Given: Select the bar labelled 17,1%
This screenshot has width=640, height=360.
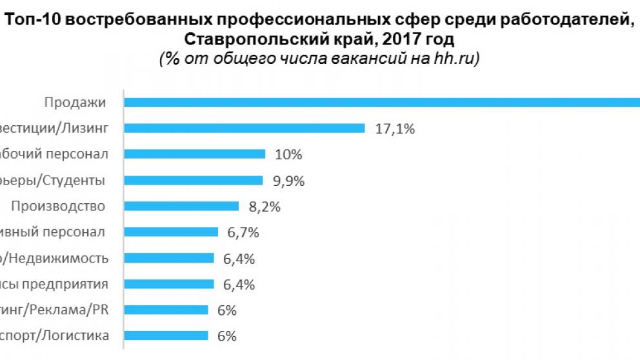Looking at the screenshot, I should pos(245,128).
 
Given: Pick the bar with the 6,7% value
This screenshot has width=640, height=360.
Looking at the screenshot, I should pos(171,232).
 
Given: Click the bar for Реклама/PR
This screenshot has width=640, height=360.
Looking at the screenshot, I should pos(166,310).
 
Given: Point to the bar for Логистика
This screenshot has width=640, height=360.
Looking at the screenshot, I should pos(166,335).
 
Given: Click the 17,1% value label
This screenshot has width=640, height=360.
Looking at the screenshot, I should pos(394,128).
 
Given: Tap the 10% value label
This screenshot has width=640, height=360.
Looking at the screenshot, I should pos(288,154).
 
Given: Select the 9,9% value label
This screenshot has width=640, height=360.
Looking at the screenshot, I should pos(288,181).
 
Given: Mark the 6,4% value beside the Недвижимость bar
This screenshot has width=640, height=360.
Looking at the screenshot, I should pos(239,259).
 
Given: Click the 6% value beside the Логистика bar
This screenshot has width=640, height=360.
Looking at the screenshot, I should pos(227,336).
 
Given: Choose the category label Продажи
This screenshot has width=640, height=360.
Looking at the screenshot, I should pos(75,102).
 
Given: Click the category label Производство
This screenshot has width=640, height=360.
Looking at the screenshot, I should pos(59,206).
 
